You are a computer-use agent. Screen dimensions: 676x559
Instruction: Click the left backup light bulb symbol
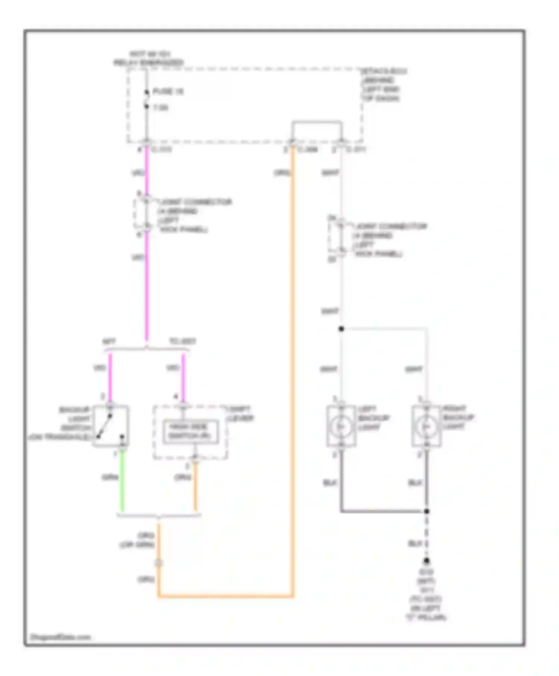pyautogui.click(x=341, y=426)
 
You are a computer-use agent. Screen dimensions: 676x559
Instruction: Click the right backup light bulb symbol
pyautogui.click(x=426, y=426)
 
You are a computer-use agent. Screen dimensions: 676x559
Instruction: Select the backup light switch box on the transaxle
pyautogui.click(x=111, y=426)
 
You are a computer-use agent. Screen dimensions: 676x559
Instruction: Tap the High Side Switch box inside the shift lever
pyautogui.click(x=190, y=432)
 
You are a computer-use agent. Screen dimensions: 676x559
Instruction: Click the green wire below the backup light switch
pyautogui.click(x=122, y=481)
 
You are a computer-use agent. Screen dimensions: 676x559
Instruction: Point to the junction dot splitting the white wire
pyautogui.click(x=341, y=329)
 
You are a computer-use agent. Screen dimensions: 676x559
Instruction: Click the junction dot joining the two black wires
pyautogui.click(x=427, y=511)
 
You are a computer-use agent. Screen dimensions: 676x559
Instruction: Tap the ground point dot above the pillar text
pyautogui.click(x=427, y=560)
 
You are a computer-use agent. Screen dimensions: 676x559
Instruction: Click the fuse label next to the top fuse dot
pyautogui.click(x=168, y=91)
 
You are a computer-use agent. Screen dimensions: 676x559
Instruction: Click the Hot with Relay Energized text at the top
pyautogui.click(x=149, y=59)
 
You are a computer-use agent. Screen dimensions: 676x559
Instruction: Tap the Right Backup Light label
pyautogui.click(x=458, y=417)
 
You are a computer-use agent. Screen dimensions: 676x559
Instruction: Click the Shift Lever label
pyautogui.click(x=240, y=414)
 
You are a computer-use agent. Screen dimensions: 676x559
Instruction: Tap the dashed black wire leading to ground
pyautogui.click(x=427, y=537)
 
